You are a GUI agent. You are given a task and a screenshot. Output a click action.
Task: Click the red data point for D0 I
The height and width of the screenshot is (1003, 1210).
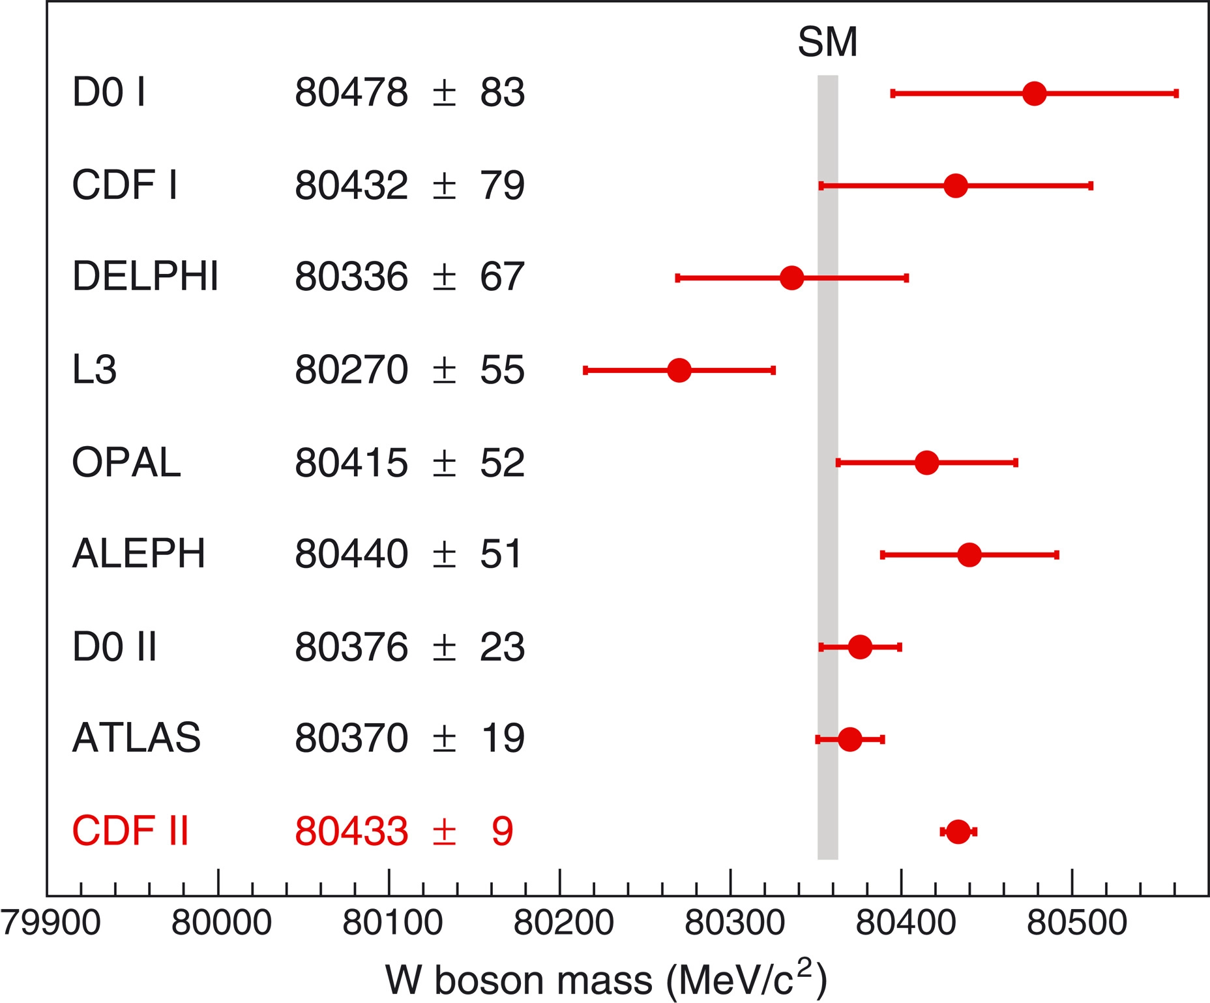1034,94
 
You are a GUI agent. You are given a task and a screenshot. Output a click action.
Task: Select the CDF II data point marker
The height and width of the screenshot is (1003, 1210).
957,831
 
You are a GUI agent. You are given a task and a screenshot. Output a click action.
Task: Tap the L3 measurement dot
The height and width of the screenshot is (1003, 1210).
679,370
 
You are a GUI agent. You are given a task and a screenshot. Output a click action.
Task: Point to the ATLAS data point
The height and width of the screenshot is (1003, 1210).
849,740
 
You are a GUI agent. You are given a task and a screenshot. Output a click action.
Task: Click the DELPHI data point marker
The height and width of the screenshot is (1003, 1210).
791,278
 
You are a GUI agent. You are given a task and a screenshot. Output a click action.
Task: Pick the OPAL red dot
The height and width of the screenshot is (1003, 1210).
926,463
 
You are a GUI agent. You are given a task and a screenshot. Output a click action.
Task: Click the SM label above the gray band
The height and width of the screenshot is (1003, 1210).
827,43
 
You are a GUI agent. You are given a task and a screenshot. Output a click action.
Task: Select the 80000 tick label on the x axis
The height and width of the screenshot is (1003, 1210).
221,923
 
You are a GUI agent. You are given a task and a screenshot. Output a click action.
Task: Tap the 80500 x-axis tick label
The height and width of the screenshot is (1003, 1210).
1076,923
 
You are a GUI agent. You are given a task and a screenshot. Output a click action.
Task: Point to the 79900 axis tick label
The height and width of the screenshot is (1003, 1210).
51,923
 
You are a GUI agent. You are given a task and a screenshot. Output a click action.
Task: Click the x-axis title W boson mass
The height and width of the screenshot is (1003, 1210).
606,980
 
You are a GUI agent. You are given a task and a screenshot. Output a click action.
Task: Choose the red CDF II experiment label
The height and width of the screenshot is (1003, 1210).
130,831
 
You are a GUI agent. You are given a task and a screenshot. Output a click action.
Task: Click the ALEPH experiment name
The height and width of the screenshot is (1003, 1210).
139,554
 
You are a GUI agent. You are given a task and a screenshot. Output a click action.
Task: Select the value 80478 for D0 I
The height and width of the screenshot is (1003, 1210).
351,93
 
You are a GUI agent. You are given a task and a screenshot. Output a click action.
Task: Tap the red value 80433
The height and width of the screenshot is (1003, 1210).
351,831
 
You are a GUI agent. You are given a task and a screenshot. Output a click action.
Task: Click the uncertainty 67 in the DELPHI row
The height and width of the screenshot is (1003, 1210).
502,277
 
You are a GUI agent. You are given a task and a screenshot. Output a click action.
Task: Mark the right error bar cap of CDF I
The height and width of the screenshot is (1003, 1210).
1091,187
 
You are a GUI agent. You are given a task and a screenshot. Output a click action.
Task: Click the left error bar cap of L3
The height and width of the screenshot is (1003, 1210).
585,370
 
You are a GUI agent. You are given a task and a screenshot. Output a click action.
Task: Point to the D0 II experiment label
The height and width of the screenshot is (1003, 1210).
115,648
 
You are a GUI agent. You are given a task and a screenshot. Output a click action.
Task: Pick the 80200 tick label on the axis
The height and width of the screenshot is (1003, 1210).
563,923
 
